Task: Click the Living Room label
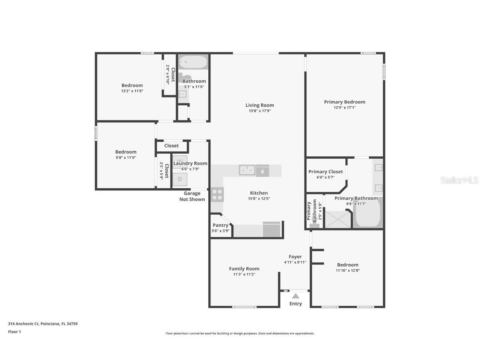point(260,105)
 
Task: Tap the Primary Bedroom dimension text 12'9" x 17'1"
point(345,107)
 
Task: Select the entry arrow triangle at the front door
point(295,296)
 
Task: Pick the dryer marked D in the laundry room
point(180,179)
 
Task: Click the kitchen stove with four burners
point(217,195)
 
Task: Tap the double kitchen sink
point(247,170)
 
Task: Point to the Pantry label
point(220,225)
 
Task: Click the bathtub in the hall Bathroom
point(193,62)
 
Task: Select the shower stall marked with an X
point(338,220)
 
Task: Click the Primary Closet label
point(325,172)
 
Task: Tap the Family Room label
point(244,269)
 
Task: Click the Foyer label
point(295,257)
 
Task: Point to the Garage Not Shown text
point(192,196)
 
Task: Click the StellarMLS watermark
point(459,180)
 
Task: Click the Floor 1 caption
point(14,332)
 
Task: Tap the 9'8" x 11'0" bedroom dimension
point(125,157)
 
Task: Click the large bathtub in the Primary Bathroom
point(368,214)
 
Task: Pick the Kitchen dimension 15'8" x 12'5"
point(259,199)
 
